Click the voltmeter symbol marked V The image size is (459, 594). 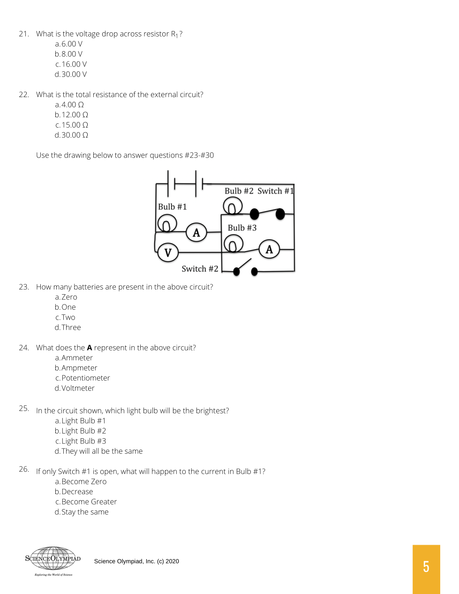pos(168,252)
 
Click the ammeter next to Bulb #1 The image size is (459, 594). pos(196,233)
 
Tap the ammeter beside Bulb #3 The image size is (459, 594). pos(269,249)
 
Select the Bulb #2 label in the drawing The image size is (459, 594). pos(239,191)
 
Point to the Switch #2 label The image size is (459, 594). pos(200,269)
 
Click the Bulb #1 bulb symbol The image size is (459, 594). pos(166,223)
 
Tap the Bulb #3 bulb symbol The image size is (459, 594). pos(233,244)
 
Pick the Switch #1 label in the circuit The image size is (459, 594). pos(275,191)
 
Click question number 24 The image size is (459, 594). pos(24,348)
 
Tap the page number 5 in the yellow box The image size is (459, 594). pos(426,567)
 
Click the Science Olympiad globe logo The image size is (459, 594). pos(53,559)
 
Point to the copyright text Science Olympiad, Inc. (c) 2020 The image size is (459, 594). pos(136,561)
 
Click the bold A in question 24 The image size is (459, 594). pos(90,348)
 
